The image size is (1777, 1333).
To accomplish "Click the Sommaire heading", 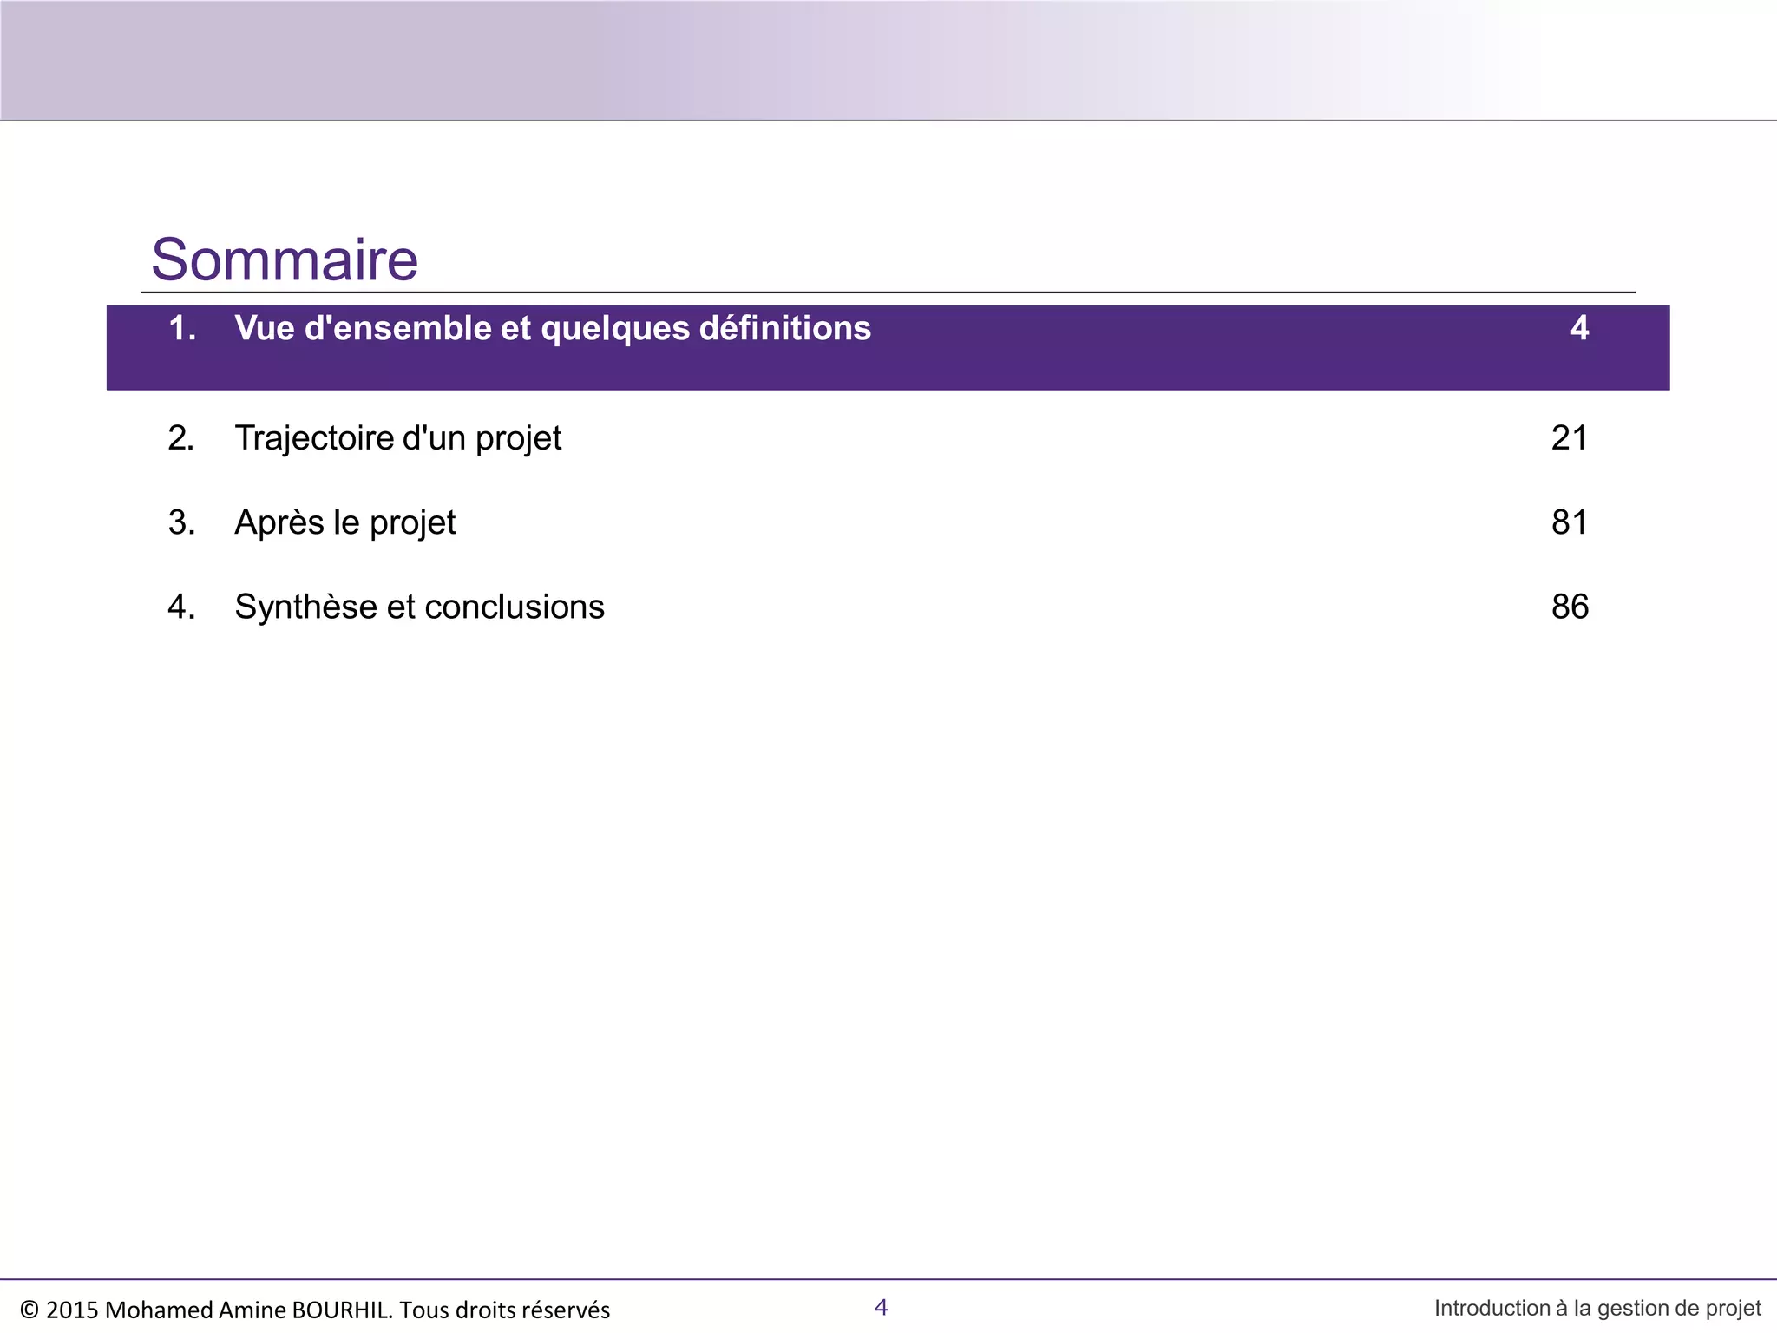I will (x=285, y=259).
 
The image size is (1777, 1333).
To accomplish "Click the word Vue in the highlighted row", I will (x=265, y=328).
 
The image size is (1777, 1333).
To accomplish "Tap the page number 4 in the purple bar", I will (x=1579, y=328).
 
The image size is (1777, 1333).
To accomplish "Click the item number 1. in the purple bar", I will (x=182, y=328).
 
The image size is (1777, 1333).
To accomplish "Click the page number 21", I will (x=1569, y=438).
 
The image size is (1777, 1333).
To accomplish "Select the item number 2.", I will (x=181, y=438).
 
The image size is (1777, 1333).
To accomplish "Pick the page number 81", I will (x=1569, y=522).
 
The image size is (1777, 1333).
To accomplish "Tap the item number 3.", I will (x=181, y=522).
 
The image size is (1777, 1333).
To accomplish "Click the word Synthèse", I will (x=305, y=607).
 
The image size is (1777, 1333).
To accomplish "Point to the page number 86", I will (x=1569, y=607).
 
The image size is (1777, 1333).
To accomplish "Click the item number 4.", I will (x=181, y=607).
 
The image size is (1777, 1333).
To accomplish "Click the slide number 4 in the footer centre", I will (x=881, y=1307).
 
